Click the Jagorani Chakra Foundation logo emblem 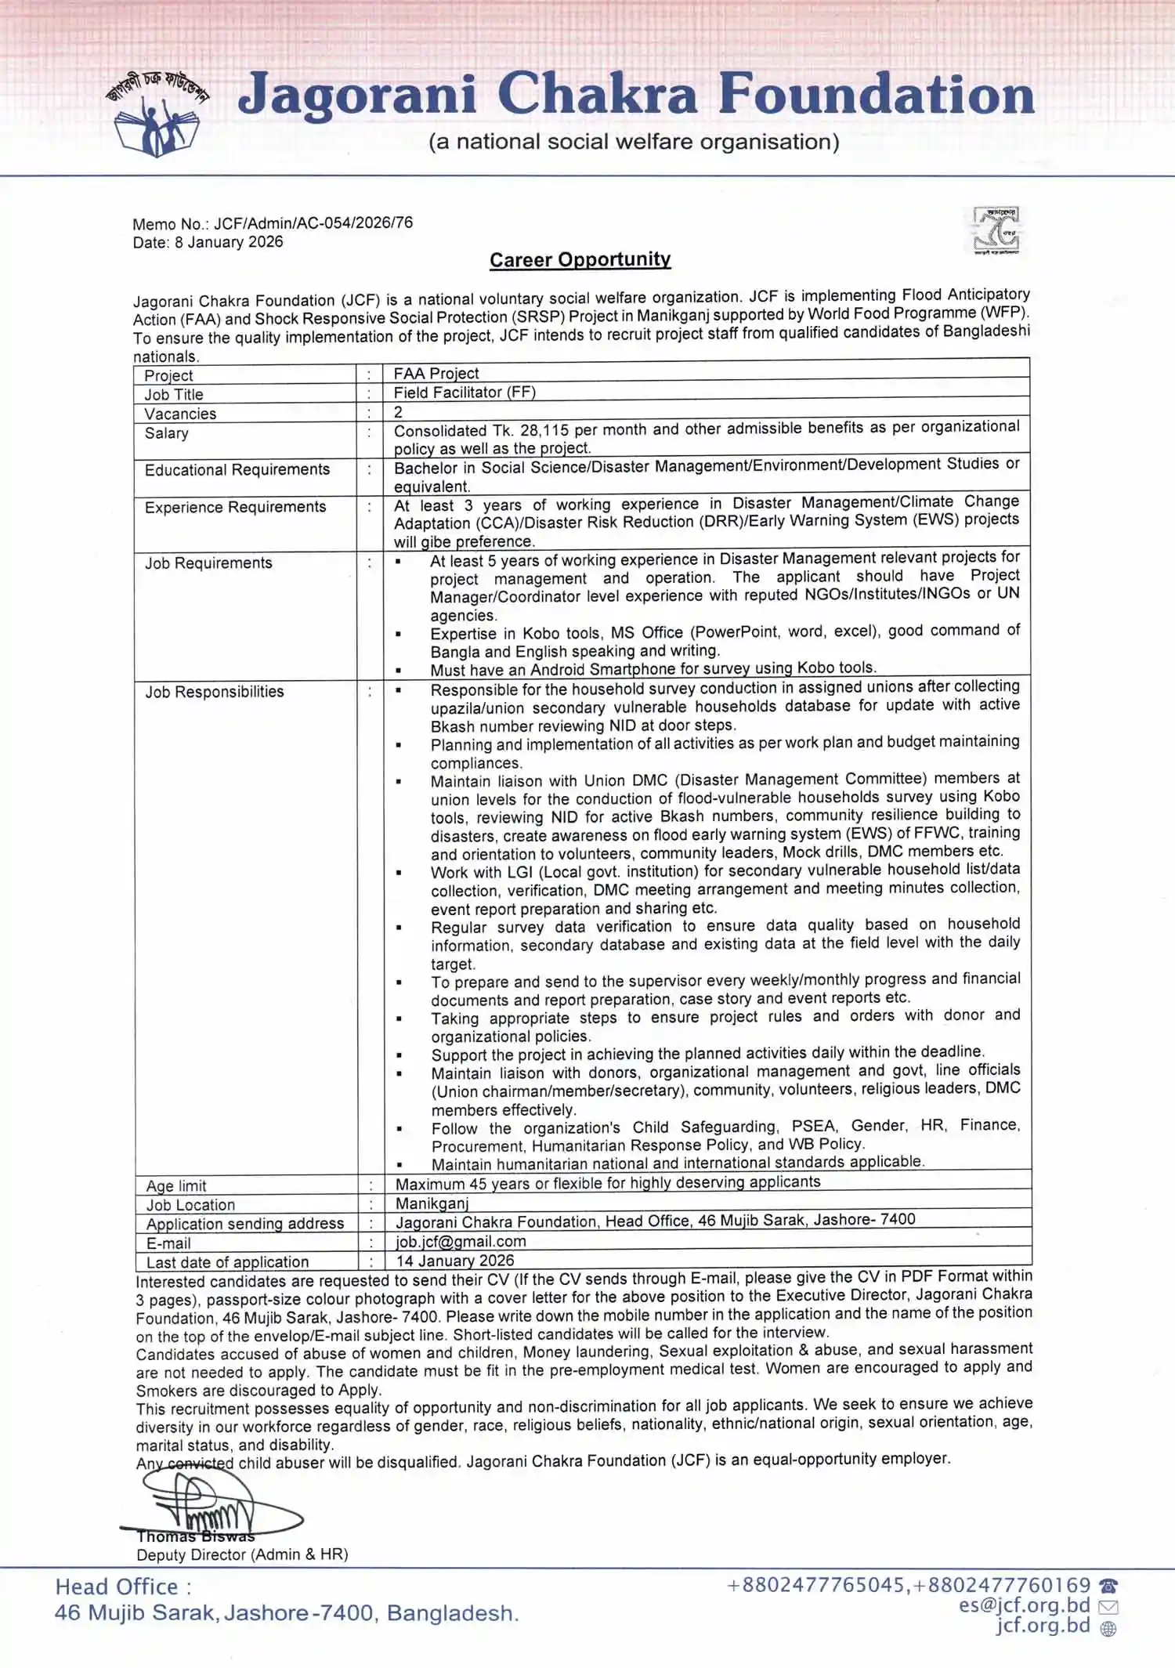[x=157, y=114]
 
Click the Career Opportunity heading [x=580, y=260]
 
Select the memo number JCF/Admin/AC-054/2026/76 [x=313, y=223]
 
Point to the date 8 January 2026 [x=229, y=242]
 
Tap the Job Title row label [x=174, y=395]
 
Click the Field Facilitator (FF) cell [x=465, y=393]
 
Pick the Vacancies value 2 [x=398, y=412]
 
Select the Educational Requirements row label [x=237, y=470]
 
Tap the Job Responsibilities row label [x=215, y=692]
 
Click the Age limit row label [x=176, y=1186]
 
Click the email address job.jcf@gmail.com [x=461, y=1242]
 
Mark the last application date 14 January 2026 [x=455, y=1261]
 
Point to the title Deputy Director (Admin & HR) [x=242, y=1554]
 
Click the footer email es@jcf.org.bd [x=1024, y=1605]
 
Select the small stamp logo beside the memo [x=996, y=230]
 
